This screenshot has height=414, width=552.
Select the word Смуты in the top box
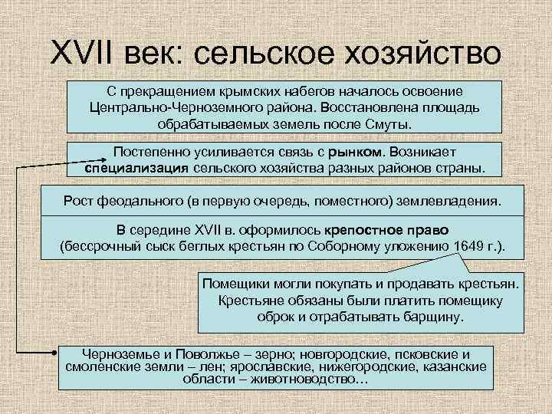[x=389, y=123]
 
